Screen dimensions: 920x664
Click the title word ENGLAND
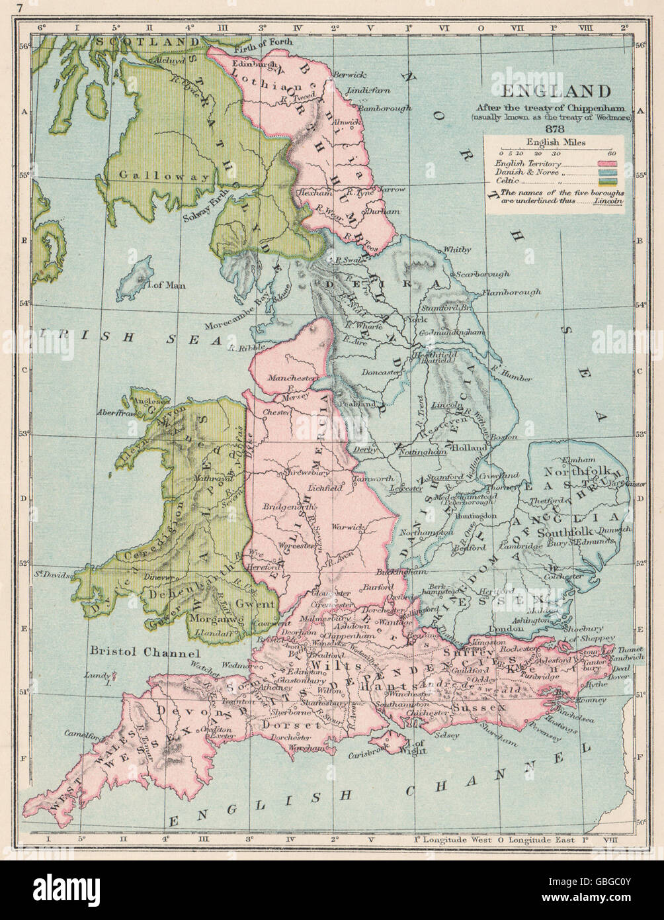coord(559,91)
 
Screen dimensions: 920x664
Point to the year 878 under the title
coord(560,128)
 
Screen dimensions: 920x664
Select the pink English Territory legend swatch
coord(607,163)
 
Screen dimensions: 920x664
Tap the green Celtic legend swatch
coord(607,179)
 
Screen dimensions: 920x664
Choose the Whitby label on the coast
coord(457,250)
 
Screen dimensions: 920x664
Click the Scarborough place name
coord(485,274)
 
